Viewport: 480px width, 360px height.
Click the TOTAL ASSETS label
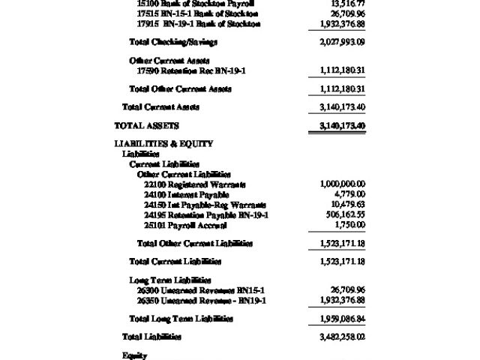point(146,125)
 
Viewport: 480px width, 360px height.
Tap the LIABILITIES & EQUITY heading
point(163,143)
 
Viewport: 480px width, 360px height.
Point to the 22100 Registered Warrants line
point(195,184)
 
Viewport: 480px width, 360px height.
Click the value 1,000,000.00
point(342,184)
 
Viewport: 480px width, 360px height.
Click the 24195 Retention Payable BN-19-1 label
point(206,215)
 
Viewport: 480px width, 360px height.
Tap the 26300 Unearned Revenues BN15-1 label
point(201,289)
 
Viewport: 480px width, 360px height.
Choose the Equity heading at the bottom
point(134,355)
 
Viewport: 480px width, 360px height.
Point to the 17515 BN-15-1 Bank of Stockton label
point(198,13)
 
